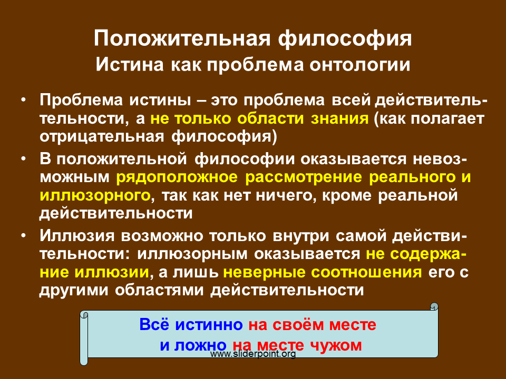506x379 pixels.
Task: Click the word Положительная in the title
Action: coord(182,38)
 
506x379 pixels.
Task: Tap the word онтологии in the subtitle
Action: coord(360,64)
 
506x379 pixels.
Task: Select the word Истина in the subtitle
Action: coord(130,64)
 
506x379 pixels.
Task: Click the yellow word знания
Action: coord(339,118)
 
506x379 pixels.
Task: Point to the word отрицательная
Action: coord(102,137)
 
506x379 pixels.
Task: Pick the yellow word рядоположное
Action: coord(177,177)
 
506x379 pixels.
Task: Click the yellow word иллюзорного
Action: coord(95,196)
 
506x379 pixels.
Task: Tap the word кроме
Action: coord(347,196)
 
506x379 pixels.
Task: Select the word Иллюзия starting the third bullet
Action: coord(77,236)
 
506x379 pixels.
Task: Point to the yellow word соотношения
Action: coord(367,272)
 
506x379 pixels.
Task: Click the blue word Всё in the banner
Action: coord(154,324)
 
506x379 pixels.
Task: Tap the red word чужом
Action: coord(336,345)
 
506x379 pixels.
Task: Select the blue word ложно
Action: coord(200,345)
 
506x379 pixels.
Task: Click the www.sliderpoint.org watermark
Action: coord(253,354)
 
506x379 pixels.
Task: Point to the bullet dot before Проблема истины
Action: coord(23,99)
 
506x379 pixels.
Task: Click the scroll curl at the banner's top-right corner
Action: coord(434,306)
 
